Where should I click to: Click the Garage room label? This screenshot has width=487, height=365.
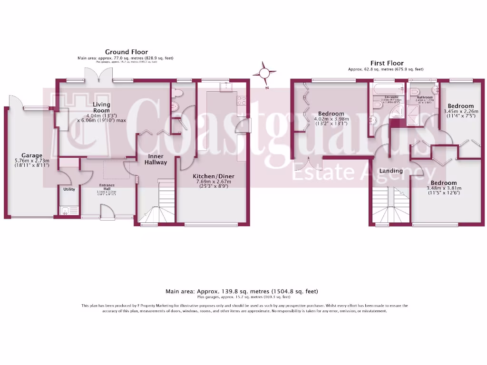[x=32, y=155]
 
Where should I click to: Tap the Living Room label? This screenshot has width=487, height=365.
[x=101, y=107]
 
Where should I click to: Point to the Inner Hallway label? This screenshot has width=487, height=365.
[x=156, y=159]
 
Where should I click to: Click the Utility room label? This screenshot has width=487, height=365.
[x=69, y=189]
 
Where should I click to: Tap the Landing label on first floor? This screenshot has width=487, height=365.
[x=391, y=171]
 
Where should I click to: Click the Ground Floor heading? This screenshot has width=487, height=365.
[x=126, y=52]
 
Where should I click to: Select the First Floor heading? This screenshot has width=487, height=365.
[x=387, y=63]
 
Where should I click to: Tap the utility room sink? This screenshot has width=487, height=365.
[x=64, y=210]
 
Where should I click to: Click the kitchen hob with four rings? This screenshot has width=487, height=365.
[x=241, y=100]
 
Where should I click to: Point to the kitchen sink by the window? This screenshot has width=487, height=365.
[x=225, y=87]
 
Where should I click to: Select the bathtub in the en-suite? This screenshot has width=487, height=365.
[x=389, y=89]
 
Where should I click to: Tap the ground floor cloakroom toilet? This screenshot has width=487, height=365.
[x=175, y=105]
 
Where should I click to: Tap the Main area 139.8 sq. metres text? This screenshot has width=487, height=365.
[x=242, y=291]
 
